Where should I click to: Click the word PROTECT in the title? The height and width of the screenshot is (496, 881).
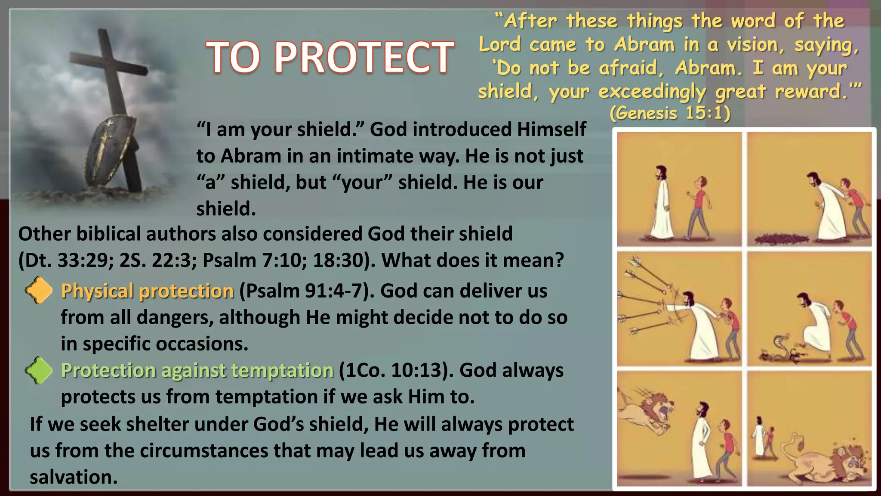[364, 57]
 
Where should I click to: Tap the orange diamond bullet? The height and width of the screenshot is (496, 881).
[39, 290]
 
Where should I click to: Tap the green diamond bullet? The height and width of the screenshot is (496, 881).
[39, 370]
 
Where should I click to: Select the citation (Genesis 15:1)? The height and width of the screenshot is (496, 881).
[670, 113]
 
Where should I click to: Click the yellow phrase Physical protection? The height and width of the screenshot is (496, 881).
[147, 291]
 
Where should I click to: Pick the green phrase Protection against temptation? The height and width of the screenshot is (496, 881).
[197, 370]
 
